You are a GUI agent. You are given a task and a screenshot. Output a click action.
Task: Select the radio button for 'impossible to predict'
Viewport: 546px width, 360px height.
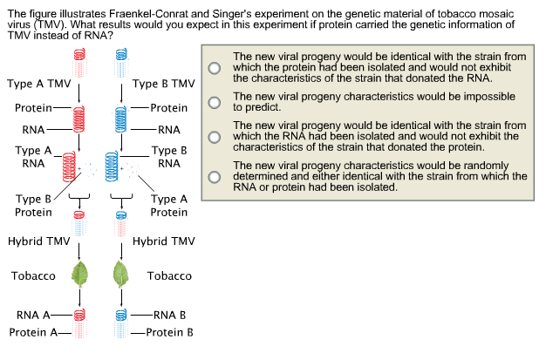(213, 102)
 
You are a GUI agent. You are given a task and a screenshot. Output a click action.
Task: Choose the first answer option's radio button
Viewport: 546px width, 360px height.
(213, 66)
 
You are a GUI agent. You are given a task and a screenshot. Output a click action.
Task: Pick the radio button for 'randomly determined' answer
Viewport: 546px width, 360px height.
(213, 175)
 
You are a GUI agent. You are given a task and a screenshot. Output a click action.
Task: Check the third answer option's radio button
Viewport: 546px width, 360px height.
(213, 137)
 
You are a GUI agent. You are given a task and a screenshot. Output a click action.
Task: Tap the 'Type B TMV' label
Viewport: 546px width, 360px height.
(163, 85)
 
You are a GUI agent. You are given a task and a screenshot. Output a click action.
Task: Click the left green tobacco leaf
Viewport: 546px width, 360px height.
(79, 275)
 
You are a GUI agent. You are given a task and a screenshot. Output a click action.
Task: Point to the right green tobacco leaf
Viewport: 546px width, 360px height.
(120, 275)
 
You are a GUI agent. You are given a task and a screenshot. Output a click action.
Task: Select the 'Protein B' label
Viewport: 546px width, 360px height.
(169, 333)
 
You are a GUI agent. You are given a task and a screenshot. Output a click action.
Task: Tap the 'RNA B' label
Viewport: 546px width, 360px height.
(166, 315)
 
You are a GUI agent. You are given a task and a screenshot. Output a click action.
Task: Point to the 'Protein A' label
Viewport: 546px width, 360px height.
(33, 333)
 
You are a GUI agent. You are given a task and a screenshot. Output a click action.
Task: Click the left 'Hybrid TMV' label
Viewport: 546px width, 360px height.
(38, 241)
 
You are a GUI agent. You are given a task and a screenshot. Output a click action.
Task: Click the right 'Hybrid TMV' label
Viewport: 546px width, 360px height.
(163, 241)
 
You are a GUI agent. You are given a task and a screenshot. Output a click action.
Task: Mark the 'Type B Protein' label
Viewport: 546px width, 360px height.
(33, 206)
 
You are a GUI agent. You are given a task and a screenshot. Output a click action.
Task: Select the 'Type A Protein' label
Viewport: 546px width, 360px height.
(169, 206)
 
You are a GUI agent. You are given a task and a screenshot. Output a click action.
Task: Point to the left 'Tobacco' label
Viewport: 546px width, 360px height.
(33, 275)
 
